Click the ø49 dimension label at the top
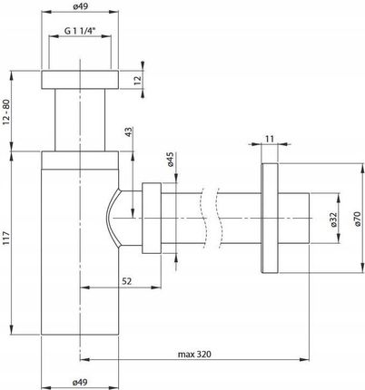(x=81, y=6)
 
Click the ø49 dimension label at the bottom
(x=80, y=382)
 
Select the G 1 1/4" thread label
(x=80, y=31)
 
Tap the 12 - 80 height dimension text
(x=6, y=112)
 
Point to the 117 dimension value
(x=6, y=239)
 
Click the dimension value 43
(x=129, y=132)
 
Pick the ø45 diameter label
(x=170, y=160)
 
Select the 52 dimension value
(x=127, y=281)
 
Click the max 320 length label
(x=194, y=354)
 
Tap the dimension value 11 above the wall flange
(x=270, y=139)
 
